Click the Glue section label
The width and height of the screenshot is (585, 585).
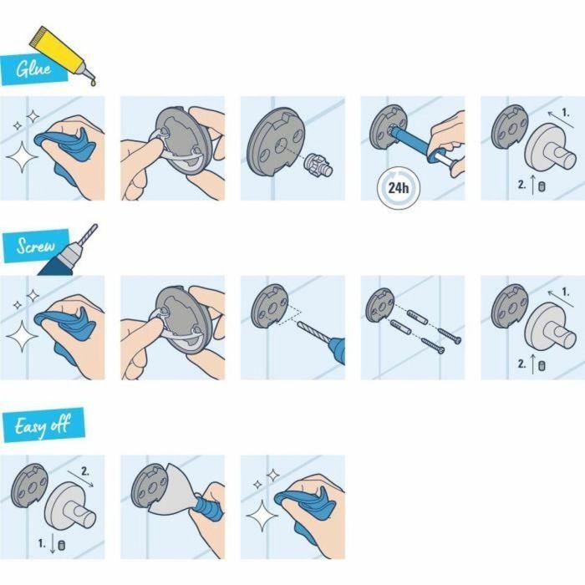tap(31, 68)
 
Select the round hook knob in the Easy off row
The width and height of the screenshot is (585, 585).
tap(73, 510)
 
